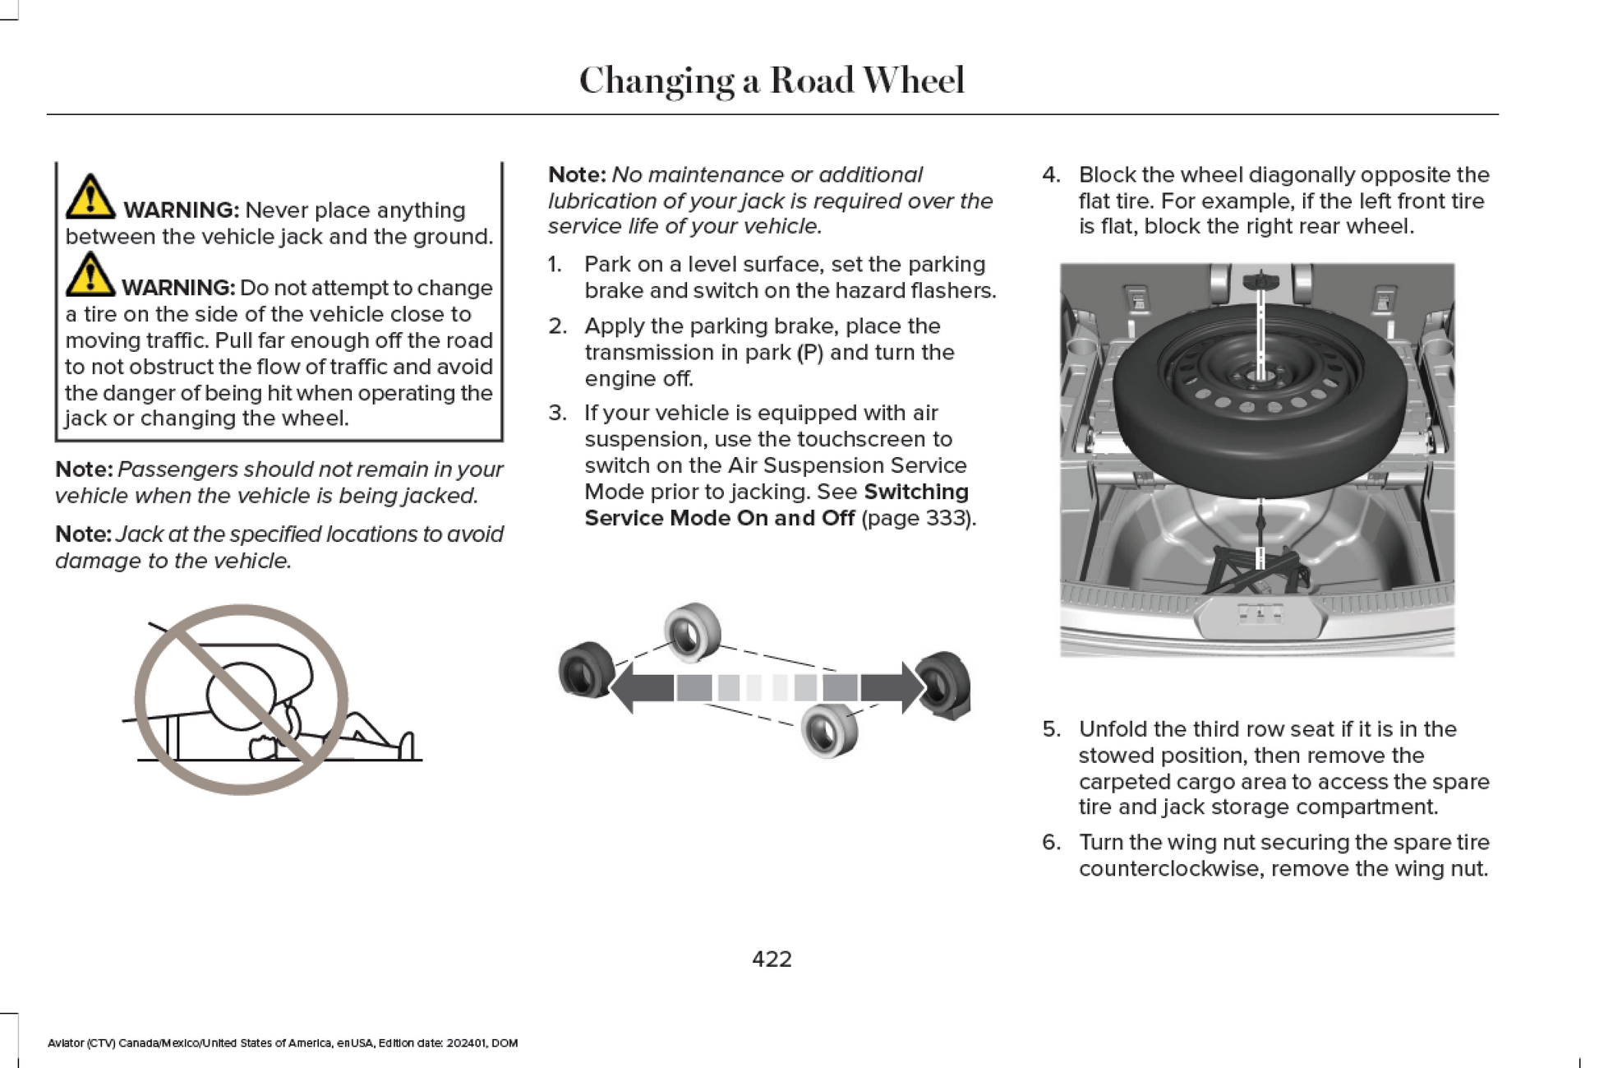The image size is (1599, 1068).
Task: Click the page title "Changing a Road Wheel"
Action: tap(771, 81)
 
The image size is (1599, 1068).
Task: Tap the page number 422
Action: tap(772, 959)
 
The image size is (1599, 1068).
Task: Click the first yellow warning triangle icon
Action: tap(90, 197)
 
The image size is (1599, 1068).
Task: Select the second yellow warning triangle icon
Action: tap(90, 275)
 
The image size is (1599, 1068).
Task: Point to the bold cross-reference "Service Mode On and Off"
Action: tap(719, 518)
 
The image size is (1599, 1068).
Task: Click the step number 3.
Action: tap(557, 413)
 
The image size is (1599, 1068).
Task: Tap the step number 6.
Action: tap(1051, 843)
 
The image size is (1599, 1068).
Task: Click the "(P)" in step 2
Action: tap(809, 353)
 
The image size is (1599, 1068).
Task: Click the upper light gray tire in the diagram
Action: tap(692, 631)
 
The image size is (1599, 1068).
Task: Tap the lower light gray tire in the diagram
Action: tap(828, 730)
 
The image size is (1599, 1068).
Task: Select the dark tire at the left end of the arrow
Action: tap(585, 669)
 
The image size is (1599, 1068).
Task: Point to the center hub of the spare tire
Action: tap(1259, 377)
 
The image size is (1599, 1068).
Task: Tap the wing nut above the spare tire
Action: tap(1260, 282)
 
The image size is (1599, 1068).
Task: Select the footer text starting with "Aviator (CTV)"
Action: tap(283, 1043)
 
